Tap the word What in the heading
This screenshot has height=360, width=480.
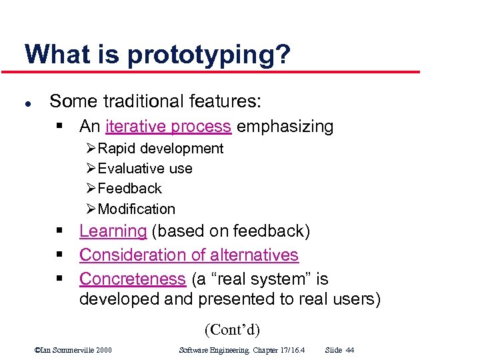click(55, 53)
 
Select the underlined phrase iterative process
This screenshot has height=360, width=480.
click(168, 126)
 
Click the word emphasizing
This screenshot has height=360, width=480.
click(285, 126)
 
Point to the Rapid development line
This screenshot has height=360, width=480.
click(160, 148)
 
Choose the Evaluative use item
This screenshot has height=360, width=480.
click(145, 169)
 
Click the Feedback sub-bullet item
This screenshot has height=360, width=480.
click(129, 189)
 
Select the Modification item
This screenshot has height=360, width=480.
click(136, 209)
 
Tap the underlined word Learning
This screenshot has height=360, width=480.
click(113, 231)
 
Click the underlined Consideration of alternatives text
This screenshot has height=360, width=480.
click(189, 255)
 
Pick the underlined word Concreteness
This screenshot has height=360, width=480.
click(132, 279)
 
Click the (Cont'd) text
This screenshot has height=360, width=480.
click(232, 329)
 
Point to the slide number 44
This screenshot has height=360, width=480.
click(350, 350)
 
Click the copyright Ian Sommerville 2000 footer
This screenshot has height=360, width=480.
click(73, 350)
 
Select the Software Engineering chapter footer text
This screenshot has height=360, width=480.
click(241, 350)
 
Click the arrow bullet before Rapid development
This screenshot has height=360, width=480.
click(91, 148)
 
